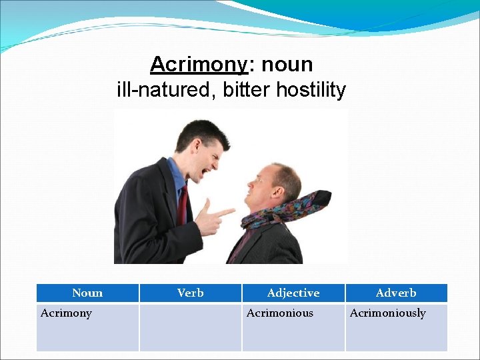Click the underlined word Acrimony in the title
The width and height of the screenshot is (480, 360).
(199, 65)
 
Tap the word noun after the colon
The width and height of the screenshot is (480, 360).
(287, 65)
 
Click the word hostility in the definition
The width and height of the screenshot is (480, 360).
(311, 89)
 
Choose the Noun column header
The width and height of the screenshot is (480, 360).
(87, 293)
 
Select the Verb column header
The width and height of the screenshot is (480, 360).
(190, 293)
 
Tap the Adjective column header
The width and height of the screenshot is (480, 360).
(293, 293)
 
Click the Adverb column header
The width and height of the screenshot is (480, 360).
(396, 293)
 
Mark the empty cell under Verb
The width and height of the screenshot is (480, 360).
(190, 327)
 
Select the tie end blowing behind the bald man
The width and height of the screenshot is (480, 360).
(319, 199)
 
